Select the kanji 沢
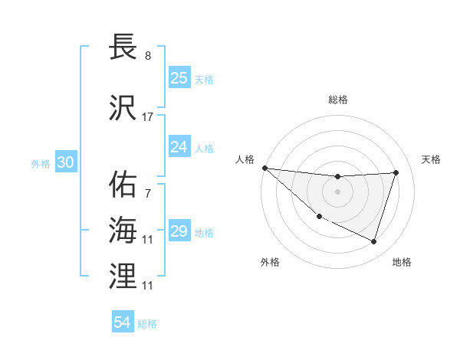coord(123,106)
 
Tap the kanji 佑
coord(123,185)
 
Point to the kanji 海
coord(123,230)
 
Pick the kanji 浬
coord(123,276)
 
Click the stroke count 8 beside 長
coord(148,57)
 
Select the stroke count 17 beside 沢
coord(148,116)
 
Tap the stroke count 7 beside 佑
coord(148,195)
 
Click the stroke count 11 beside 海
coord(148,240)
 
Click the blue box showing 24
coord(179,146)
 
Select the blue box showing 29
coord(179,231)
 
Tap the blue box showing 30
coord(65,162)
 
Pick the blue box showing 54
coord(123,322)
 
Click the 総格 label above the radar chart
coord(338,100)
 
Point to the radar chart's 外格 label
coord(270,262)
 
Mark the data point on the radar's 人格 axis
coord(264,168)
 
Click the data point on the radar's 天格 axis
coord(396,172)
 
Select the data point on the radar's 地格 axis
coord(374,242)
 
